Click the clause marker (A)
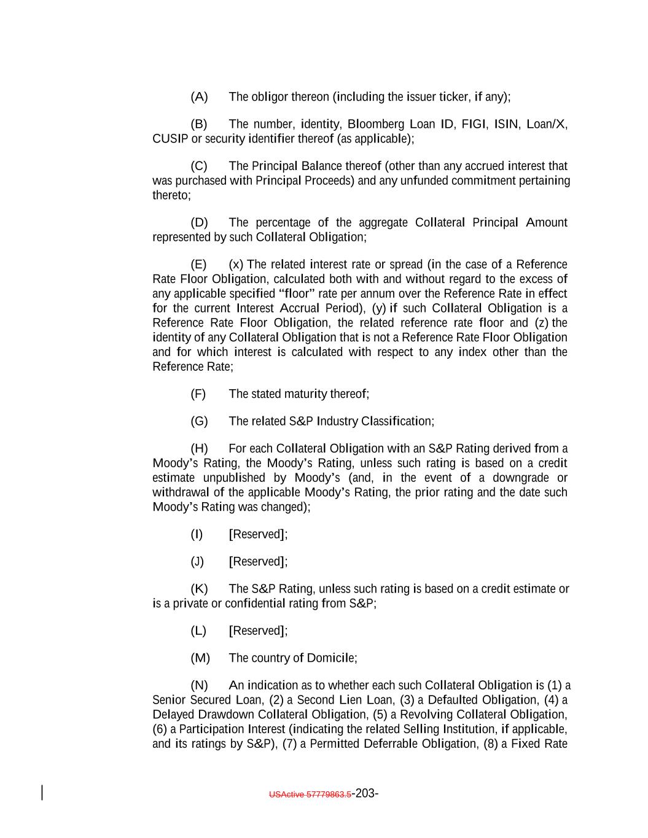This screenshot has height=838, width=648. pyautogui.click(x=199, y=97)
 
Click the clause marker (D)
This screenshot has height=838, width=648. pyautogui.click(x=199, y=222)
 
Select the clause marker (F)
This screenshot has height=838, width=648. pyautogui.click(x=198, y=394)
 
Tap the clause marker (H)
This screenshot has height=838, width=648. pyautogui.click(x=199, y=448)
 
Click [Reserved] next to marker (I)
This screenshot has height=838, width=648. pyautogui.click(x=258, y=534)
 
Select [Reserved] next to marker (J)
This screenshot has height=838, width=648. pyautogui.click(x=258, y=562)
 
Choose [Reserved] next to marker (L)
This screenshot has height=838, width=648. pyautogui.click(x=258, y=630)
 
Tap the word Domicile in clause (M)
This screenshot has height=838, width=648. pyautogui.click(x=331, y=658)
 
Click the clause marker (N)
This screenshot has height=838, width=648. pyautogui.click(x=199, y=685)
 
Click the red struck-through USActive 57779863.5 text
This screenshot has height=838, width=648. pyautogui.click(x=310, y=794)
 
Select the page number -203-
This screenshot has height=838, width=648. pyautogui.click(x=365, y=793)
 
